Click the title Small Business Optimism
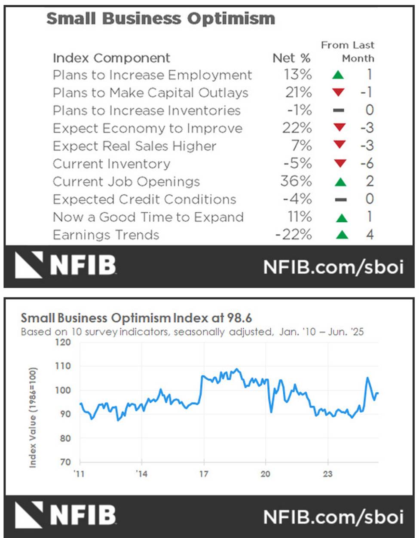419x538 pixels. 160,18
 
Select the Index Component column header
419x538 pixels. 111,58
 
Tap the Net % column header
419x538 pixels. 291,58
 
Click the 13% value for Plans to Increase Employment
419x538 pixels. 297,75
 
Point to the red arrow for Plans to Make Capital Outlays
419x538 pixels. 339,92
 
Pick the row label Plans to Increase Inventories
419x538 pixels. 147,110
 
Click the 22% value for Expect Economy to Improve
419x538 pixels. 297,128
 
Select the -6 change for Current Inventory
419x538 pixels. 367,164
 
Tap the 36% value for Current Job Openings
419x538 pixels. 296,181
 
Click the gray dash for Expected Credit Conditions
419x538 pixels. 341,199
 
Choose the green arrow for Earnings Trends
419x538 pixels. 342,235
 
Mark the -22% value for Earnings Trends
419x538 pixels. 294,235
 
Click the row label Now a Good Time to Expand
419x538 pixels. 148,217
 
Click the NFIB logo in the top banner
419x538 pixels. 66,265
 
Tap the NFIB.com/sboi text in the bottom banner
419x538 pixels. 333,516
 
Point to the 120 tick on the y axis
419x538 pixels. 63,342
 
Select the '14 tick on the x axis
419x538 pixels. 141,474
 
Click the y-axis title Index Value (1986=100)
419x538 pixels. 33,417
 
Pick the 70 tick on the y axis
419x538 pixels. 65,462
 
